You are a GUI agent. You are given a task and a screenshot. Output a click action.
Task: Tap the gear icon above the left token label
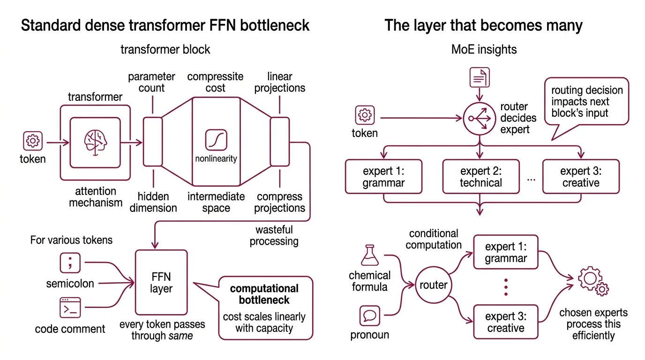pos(33,140)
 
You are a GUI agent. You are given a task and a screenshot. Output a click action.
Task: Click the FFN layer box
pos(161,283)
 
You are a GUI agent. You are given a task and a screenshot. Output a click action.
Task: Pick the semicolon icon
pos(70,263)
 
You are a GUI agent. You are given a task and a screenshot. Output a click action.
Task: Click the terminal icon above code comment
pos(70,308)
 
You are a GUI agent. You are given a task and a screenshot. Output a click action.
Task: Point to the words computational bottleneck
pos(264,294)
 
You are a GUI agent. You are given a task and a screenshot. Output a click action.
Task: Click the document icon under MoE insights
pos(480,78)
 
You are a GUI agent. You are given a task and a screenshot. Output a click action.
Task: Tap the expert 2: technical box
pos(481,177)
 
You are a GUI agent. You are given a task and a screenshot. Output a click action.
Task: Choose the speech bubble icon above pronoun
pos(369,316)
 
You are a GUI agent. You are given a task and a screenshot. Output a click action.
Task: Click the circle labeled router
pos(433,285)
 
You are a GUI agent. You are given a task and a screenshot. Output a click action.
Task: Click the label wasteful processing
pos(274,236)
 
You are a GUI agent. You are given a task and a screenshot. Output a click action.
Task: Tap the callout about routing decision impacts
pos(586,101)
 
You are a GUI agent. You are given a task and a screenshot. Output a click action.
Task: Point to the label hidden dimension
pos(153,202)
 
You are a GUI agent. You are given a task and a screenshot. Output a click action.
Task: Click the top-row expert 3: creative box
pos(581,177)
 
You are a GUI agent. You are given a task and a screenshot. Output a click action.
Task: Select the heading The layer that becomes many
pos(483,25)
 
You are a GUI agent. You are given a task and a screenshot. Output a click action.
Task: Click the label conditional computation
pos(434,239)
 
